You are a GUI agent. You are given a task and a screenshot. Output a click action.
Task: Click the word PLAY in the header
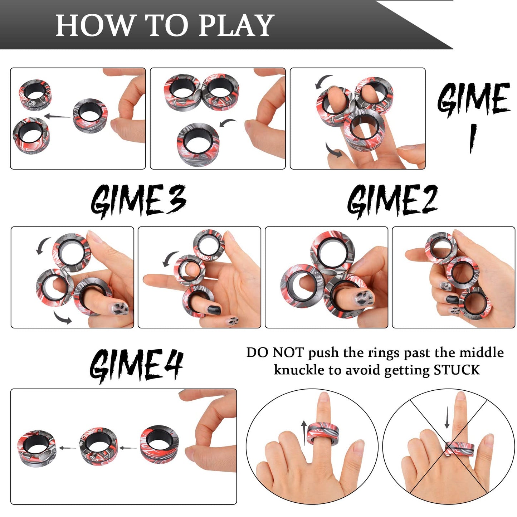[x=236, y=26]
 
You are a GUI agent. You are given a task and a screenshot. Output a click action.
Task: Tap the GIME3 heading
[x=138, y=201]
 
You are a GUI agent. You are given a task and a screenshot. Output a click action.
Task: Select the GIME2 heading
[x=392, y=201]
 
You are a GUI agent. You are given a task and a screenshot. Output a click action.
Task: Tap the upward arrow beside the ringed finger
[x=304, y=432]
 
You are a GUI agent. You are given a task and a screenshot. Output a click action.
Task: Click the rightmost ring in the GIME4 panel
[x=159, y=444]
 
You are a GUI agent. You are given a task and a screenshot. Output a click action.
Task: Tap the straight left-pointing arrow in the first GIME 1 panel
[x=57, y=116]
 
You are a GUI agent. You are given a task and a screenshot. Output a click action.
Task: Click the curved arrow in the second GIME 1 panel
[x=228, y=123]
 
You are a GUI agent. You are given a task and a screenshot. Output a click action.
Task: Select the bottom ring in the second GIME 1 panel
[x=198, y=144]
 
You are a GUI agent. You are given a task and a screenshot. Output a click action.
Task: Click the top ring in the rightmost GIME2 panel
[x=441, y=247]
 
